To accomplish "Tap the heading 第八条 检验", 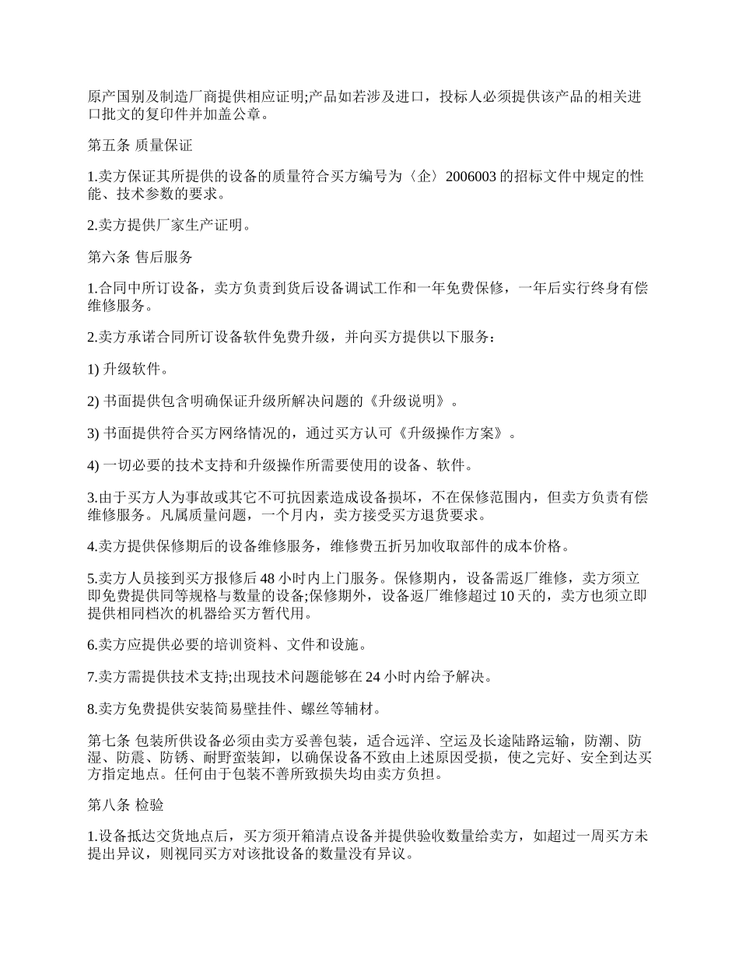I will pyautogui.click(x=126, y=805).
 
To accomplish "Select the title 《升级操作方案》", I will pyautogui.click(x=460, y=433).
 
